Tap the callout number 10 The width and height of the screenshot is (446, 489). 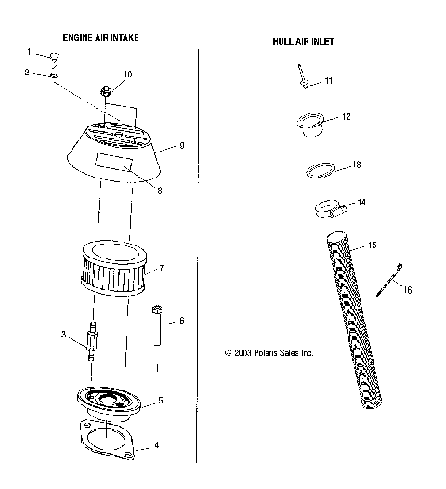pos(127,73)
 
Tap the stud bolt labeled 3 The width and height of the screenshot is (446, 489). pos(91,340)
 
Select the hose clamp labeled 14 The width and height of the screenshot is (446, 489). pos(331,207)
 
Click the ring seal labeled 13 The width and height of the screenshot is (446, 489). pos(321,171)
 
